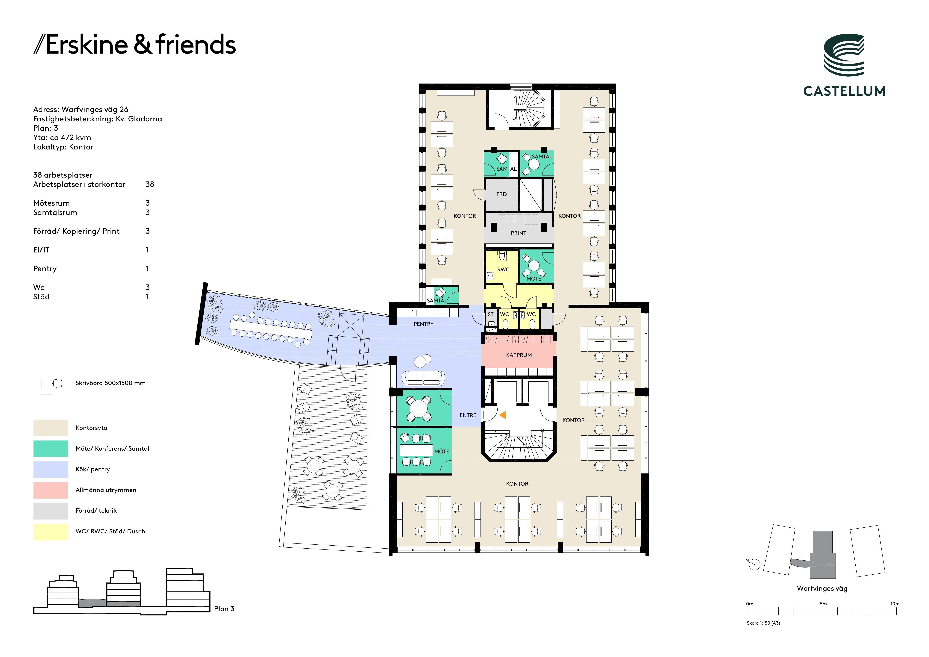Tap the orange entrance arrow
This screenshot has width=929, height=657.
point(503,415)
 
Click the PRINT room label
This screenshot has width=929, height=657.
point(518,233)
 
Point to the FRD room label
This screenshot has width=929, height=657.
point(501,194)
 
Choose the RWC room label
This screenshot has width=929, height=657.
point(503,270)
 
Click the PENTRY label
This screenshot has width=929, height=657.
point(423,324)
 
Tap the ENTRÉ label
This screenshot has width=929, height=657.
point(468,415)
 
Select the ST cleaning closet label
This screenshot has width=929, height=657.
point(490,314)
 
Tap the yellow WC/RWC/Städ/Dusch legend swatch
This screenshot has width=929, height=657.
point(51,532)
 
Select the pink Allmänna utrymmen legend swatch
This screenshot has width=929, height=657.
point(51,490)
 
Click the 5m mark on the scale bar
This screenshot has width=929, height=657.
point(823,611)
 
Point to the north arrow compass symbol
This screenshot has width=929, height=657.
point(754,564)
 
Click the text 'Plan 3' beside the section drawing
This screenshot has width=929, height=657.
point(224,609)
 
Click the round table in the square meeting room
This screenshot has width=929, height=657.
point(418,409)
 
